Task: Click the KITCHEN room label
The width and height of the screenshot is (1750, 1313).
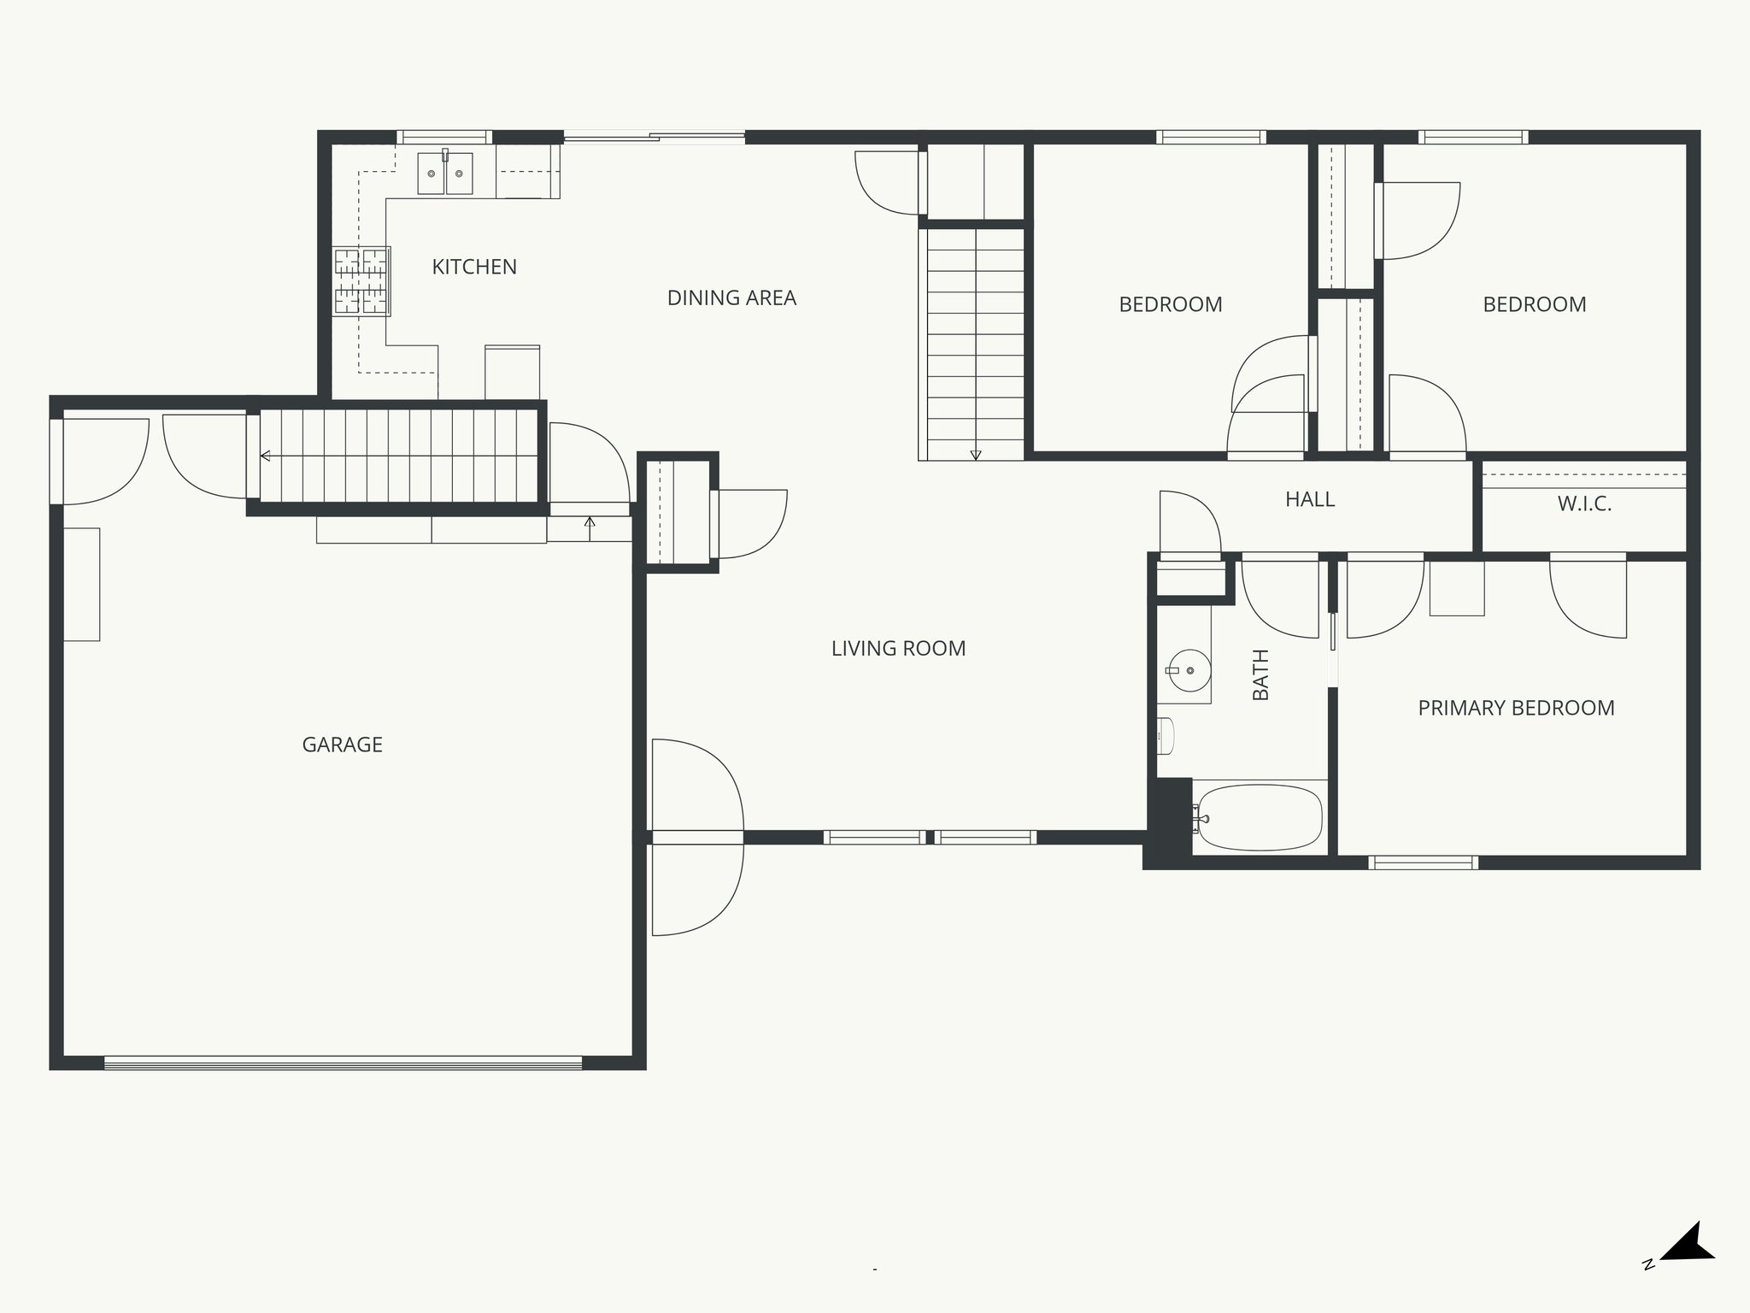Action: (x=474, y=267)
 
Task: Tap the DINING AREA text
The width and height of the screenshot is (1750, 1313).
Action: (x=731, y=297)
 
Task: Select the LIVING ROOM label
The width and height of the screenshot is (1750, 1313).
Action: (x=898, y=648)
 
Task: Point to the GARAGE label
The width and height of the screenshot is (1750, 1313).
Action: (x=342, y=745)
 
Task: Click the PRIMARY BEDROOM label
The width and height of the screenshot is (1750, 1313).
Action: (x=1516, y=708)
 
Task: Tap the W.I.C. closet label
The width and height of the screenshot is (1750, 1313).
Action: (x=1584, y=504)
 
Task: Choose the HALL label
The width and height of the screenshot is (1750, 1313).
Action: (x=1309, y=499)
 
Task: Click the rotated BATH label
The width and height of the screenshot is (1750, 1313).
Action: (x=1261, y=674)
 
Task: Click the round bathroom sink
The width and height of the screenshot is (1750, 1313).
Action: (x=1189, y=671)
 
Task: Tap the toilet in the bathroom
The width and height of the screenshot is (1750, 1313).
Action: (x=1166, y=736)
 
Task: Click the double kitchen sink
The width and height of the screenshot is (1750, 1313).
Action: (x=445, y=174)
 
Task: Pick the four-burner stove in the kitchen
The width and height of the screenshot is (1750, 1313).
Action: (x=361, y=281)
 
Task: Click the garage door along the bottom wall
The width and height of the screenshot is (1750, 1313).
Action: (x=342, y=1063)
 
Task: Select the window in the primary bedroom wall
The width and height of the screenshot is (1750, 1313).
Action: (x=1423, y=863)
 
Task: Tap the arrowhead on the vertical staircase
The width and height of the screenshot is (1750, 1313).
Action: (x=976, y=455)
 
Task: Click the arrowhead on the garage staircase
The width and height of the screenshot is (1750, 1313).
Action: (x=266, y=456)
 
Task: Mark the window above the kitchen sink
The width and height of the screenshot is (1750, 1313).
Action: (x=443, y=137)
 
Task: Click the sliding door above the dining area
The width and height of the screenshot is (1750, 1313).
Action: (x=654, y=136)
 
